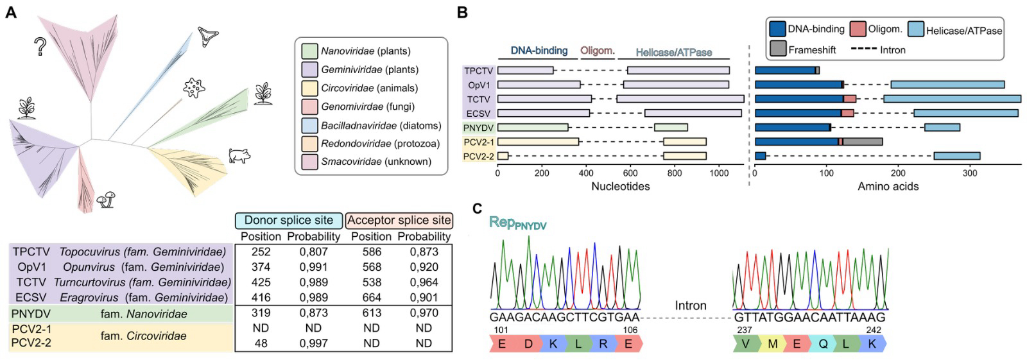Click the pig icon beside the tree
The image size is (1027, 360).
click(x=239, y=155)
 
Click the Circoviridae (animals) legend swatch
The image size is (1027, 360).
click(x=309, y=88)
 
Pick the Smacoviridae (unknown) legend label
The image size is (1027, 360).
click(x=376, y=162)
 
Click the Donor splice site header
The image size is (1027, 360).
click(x=289, y=221)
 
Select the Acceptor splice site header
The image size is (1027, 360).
click(x=399, y=221)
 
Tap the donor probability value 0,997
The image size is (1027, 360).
click(x=313, y=343)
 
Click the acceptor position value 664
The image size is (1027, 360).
click(x=372, y=298)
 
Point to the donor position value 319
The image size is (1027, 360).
click(x=261, y=313)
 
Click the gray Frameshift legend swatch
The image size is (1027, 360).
click(x=777, y=49)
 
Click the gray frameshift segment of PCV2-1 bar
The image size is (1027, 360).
click(x=863, y=141)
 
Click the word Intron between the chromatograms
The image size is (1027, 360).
click(x=690, y=306)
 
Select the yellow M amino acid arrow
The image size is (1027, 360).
click(x=772, y=344)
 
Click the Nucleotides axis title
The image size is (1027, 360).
click(x=620, y=187)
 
